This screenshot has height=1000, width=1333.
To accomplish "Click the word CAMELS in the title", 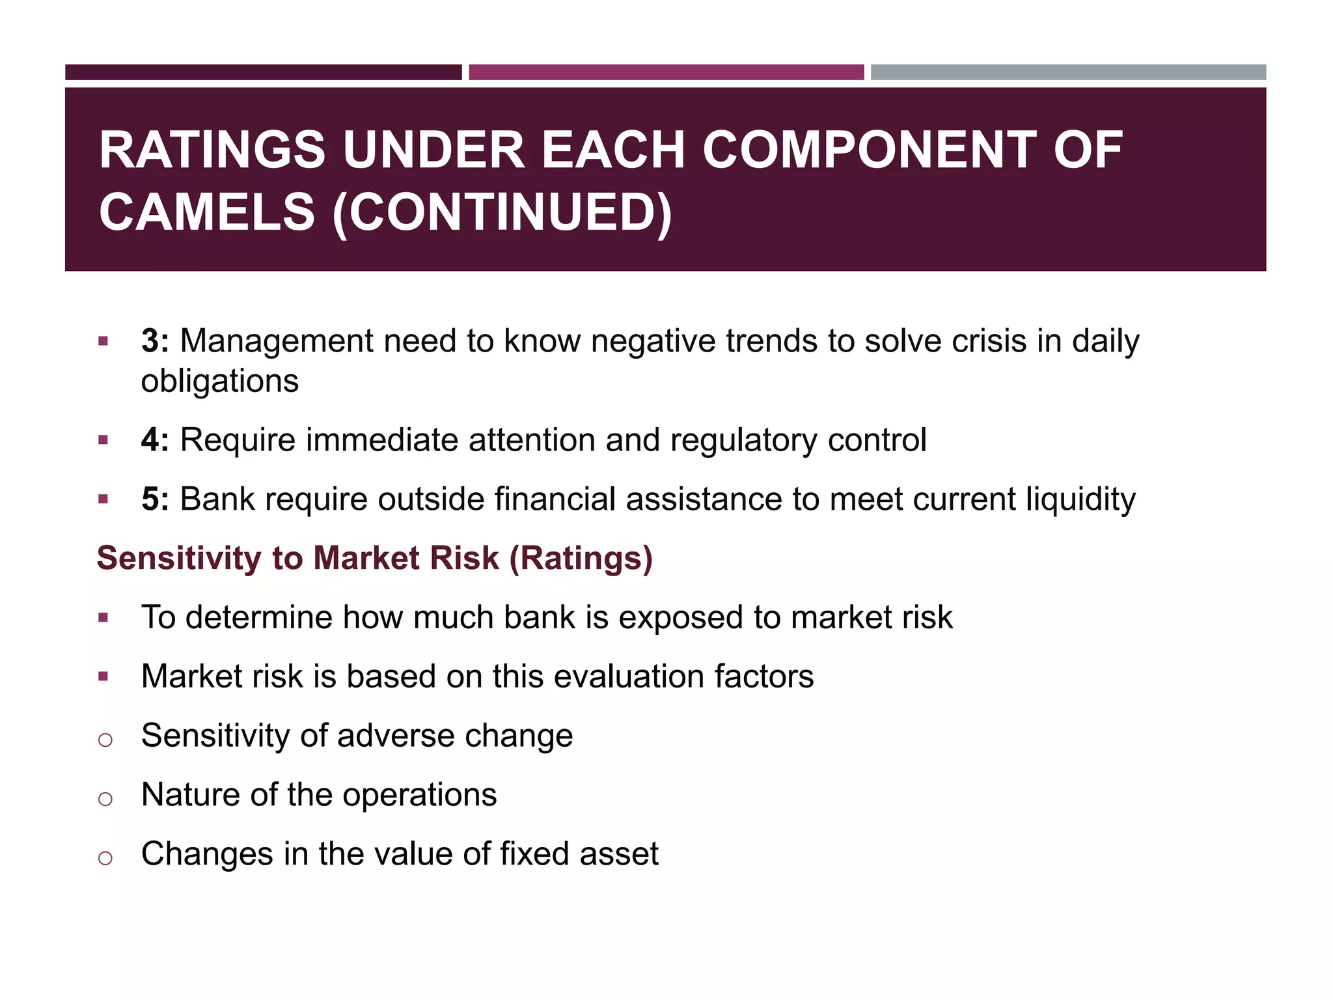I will (x=207, y=212).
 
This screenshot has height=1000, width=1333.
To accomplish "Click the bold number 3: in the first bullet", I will (x=155, y=341).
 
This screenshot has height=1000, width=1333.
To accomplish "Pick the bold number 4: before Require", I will (x=155, y=440).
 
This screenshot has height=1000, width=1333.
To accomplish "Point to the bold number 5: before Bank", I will (x=155, y=499).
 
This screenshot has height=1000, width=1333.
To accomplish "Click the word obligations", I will (x=220, y=381).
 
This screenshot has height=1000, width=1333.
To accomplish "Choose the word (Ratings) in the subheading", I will (x=581, y=559).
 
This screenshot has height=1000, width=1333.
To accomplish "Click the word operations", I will (x=419, y=795).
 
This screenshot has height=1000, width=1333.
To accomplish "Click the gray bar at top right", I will (x=1068, y=72).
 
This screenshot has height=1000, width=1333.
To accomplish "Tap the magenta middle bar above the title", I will (x=666, y=72).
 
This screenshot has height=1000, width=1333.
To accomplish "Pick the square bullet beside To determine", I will (x=103, y=617).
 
